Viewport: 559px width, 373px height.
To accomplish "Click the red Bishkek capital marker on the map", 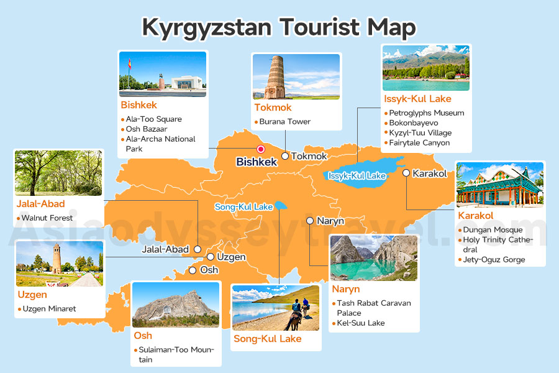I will tap(261, 149).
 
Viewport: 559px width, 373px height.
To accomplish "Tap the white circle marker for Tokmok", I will tap(285, 156).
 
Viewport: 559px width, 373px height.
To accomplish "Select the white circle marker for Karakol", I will tap(406, 173).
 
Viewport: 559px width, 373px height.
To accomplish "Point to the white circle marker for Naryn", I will tap(310, 221).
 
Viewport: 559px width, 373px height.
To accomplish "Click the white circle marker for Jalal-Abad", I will tap(197, 249).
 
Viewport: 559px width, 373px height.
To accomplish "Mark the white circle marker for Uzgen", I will tap(211, 257).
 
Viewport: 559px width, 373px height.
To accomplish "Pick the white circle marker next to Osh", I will tap(193, 270).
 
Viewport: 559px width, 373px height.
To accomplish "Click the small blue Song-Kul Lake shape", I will tap(281, 205).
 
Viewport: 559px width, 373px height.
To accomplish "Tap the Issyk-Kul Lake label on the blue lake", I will tap(357, 176).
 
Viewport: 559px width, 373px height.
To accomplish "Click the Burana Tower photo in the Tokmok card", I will tap(296, 76).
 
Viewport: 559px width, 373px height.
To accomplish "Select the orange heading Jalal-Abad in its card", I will tap(40, 204).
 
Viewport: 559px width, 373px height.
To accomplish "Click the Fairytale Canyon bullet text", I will tap(419, 143).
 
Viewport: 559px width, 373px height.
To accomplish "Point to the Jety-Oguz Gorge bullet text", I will tap(494, 260).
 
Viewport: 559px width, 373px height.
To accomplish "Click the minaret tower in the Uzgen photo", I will tap(57, 259).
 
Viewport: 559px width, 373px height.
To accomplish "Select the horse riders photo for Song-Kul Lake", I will tap(276, 307).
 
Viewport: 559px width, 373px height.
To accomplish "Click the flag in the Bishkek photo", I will tap(129, 64).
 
